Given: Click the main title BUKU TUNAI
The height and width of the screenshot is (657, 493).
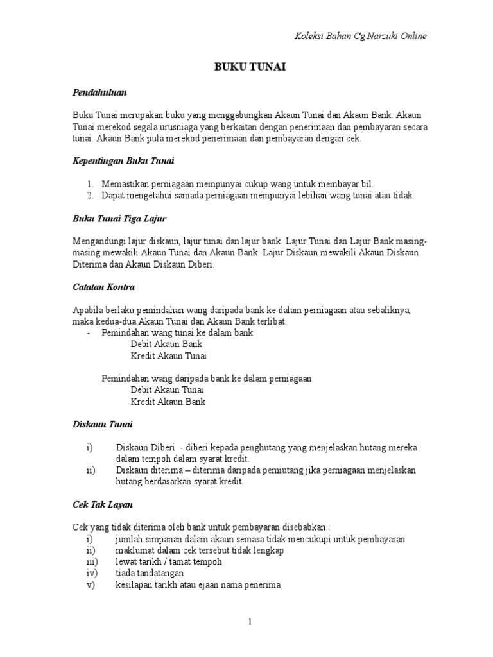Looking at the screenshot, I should pos(246,66).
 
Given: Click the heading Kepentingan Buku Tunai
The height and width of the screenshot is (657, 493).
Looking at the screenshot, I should pos(123,160).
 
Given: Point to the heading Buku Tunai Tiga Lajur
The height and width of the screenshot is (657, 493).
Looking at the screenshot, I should pos(119,219).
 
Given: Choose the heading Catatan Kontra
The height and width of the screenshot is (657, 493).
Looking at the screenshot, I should pos(103,286).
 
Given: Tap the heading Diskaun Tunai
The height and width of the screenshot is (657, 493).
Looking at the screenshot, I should pos(103,425).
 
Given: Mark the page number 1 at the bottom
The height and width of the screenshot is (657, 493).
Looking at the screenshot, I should pos(251,622).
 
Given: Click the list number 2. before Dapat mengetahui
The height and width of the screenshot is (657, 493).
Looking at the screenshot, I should pos(91,196).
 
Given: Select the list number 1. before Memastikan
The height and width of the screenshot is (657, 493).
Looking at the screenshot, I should pos(91,184).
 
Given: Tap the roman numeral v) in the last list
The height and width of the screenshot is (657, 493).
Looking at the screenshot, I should pos(90,585).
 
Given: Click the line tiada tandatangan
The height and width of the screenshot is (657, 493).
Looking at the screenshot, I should pos(150,574).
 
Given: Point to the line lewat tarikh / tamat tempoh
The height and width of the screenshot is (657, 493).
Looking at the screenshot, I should pos(169,562).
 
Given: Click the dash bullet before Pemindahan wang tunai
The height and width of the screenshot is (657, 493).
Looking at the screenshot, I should pos(88,333).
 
